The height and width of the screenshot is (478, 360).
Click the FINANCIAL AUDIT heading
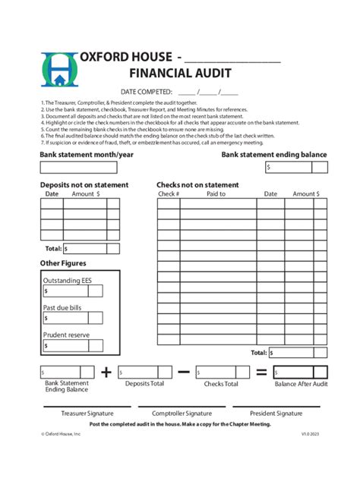click(x=180, y=74)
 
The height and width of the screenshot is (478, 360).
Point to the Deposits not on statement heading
click(x=84, y=185)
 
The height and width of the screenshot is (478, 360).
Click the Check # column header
click(x=169, y=194)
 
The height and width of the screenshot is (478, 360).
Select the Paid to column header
click(x=216, y=194)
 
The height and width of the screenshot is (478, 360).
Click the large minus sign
click(x=184, y=372)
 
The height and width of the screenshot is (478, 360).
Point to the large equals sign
click(x=261, y=372)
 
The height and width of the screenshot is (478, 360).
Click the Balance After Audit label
click(x=301, y=384)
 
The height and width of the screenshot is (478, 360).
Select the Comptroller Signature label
click(x=182, y=414)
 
